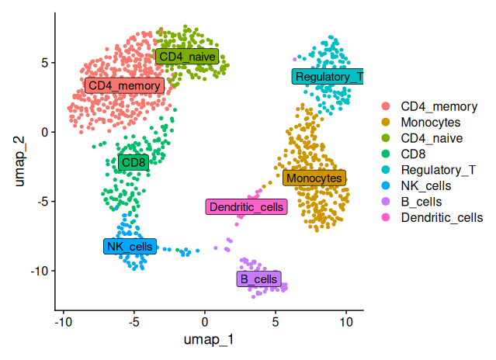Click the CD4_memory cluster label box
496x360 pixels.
(x=124, y=85)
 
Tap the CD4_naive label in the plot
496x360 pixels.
(x=187, y=57)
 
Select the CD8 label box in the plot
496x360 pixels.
(x=134, y=162)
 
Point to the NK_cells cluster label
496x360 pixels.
(x=130, y=247)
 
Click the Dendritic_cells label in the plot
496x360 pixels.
(x=247, y=207)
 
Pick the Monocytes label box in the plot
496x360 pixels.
(x=314, y=178)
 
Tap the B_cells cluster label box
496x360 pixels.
(x=259, y=279)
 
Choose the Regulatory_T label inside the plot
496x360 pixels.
(x=328, y=77)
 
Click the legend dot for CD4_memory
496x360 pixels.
(x=386, y=106)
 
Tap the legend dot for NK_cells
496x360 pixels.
(x=386, y=186)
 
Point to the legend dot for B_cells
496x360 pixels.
(x=386, y=202)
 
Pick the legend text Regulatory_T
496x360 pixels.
(x=438, y=170)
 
